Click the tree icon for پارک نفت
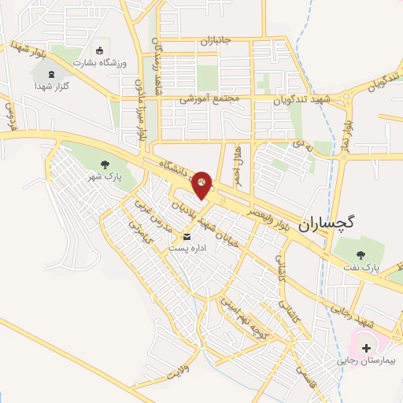[x=361, y=255]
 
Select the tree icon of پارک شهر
[x=105, y=165]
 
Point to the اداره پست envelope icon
[x=187, y=236]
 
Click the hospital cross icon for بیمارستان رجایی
[x=367, y=347]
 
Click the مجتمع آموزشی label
[x=209, y=100]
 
